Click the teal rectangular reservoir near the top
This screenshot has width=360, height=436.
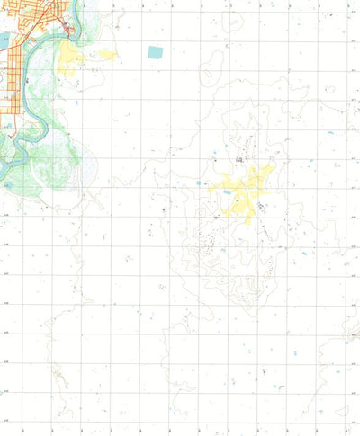tap(155, 52)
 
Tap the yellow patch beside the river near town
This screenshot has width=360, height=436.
tap(68, 61)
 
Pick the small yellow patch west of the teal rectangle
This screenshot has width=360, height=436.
tap(107, 55)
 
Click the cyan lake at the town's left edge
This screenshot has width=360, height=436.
tap(4, 40)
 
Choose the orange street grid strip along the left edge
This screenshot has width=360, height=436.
tap(8, 90)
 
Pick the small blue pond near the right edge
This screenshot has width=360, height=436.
tap(330, 133)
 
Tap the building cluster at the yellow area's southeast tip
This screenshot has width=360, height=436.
tap(260, 207)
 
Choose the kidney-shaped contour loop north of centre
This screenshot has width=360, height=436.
tap(216, 63)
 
